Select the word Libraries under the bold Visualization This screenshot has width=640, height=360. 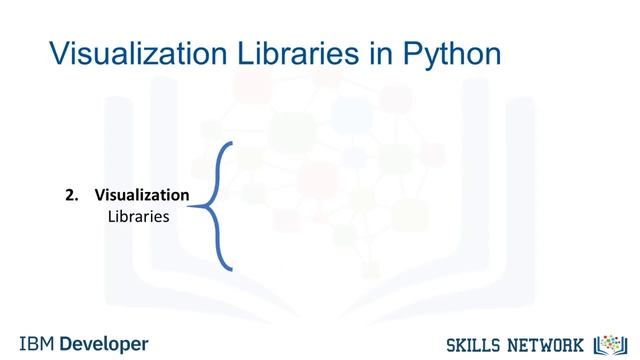point(138,215)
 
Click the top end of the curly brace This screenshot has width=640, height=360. point(232,143)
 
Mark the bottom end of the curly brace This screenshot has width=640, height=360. point(232,269)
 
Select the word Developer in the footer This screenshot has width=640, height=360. point(104,343)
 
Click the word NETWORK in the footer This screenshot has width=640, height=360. point(549,344)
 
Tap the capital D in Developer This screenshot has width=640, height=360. point(67,343)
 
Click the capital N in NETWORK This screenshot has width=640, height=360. point(516,344)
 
